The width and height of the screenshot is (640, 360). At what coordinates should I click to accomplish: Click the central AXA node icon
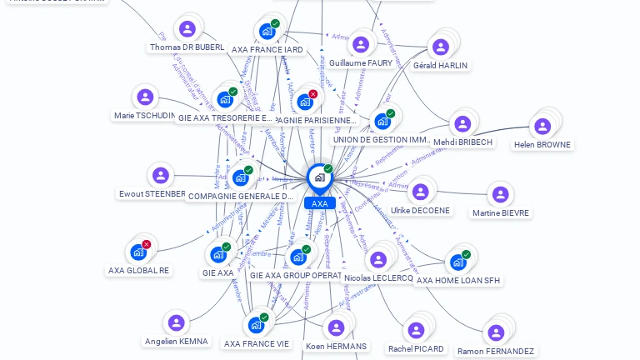click(319, 177)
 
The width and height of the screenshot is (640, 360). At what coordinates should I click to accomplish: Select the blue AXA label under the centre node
click(319, 203)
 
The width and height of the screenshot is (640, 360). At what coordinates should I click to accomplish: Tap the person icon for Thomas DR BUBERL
click(187, 29)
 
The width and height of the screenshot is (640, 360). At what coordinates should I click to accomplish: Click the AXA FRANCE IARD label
click(267, 50)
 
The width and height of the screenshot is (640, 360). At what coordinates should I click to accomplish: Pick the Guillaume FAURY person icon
click(360, 44)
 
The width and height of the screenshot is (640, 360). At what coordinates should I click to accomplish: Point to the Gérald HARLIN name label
click(440, 65)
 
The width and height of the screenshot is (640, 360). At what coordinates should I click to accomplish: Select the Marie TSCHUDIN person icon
click(146, 97)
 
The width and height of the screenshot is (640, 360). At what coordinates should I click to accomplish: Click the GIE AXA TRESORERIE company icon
click(224, 99)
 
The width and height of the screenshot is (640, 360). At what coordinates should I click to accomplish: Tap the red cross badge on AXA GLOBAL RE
click(147, 244)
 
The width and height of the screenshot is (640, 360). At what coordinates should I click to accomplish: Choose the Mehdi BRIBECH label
click(463, 142)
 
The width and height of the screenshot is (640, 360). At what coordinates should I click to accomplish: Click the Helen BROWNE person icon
click(542, 127)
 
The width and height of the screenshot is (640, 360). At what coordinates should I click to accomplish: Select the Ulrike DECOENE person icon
click(420, 192)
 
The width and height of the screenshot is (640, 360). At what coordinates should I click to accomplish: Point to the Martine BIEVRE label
click(500, 212)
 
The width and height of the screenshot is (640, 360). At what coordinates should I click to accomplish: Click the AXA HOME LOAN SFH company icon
click(457, 262)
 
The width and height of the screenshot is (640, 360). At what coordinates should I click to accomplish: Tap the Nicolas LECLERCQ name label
click(377, 278)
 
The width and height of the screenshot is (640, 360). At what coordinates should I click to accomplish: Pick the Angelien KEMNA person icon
click(176, 322)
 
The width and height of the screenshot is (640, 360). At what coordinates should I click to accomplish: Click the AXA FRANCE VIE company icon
click(256, 325)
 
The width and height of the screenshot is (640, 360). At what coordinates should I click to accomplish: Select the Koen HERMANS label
click(336, 346)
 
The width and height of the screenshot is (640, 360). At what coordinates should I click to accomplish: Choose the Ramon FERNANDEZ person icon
click(496, 332)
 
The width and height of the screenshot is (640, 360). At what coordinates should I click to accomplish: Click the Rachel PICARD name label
click(416, 348)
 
